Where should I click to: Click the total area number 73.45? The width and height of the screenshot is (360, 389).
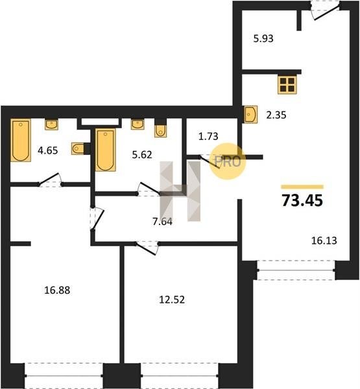[x=302, y=200]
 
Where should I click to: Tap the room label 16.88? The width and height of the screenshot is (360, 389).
[x=57, y=290]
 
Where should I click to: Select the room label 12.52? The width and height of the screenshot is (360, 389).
[x=172, y=300]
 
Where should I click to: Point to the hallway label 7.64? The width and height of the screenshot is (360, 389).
[x=163, y=221]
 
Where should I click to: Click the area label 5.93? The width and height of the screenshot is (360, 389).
[x=263, y=38]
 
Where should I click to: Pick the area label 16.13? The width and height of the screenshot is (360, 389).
[x=324, y=241]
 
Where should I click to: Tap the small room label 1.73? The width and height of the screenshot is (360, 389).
[x=208, y=136]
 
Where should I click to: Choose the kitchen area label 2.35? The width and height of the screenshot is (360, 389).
[x=276, y=115]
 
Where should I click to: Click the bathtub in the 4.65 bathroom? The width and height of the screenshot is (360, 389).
[x=21, y=140]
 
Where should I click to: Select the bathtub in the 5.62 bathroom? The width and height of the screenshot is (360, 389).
[x=106, y=150]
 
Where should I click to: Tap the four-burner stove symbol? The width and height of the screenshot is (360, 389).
[x=287, y=84]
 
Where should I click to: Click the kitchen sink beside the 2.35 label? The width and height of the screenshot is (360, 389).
[x=250, y=114]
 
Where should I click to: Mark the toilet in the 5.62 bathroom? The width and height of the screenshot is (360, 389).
[x=161, y=128]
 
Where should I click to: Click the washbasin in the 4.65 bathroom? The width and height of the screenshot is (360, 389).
[x=51, y=124]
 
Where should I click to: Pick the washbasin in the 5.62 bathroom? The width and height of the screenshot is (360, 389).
[x=138, y=124]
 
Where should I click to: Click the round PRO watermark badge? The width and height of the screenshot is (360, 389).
[x=228, y=161]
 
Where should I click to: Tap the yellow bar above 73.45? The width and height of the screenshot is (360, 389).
[x=302, y=187]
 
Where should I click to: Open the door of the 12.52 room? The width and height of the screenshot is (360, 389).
[x=147, y=248]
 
